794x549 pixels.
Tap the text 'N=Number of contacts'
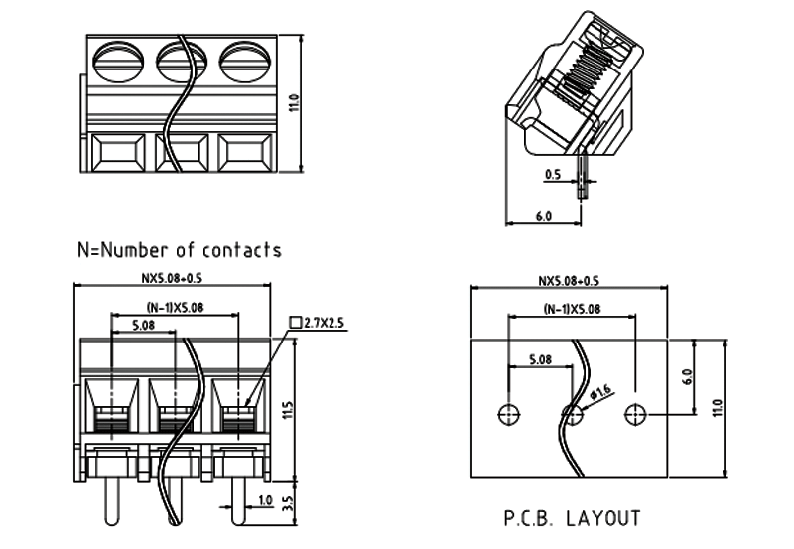(x=179, y=250)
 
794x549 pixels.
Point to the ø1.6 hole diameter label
(x=600, y=395)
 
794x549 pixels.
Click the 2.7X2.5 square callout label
(x=323, y=322)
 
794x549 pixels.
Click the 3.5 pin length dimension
(x=288, y=504)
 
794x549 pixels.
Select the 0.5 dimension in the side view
(x=553, y=175)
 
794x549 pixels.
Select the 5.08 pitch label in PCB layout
(x=541, y=359)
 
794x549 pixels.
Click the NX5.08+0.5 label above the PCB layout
(x=572, y=281)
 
